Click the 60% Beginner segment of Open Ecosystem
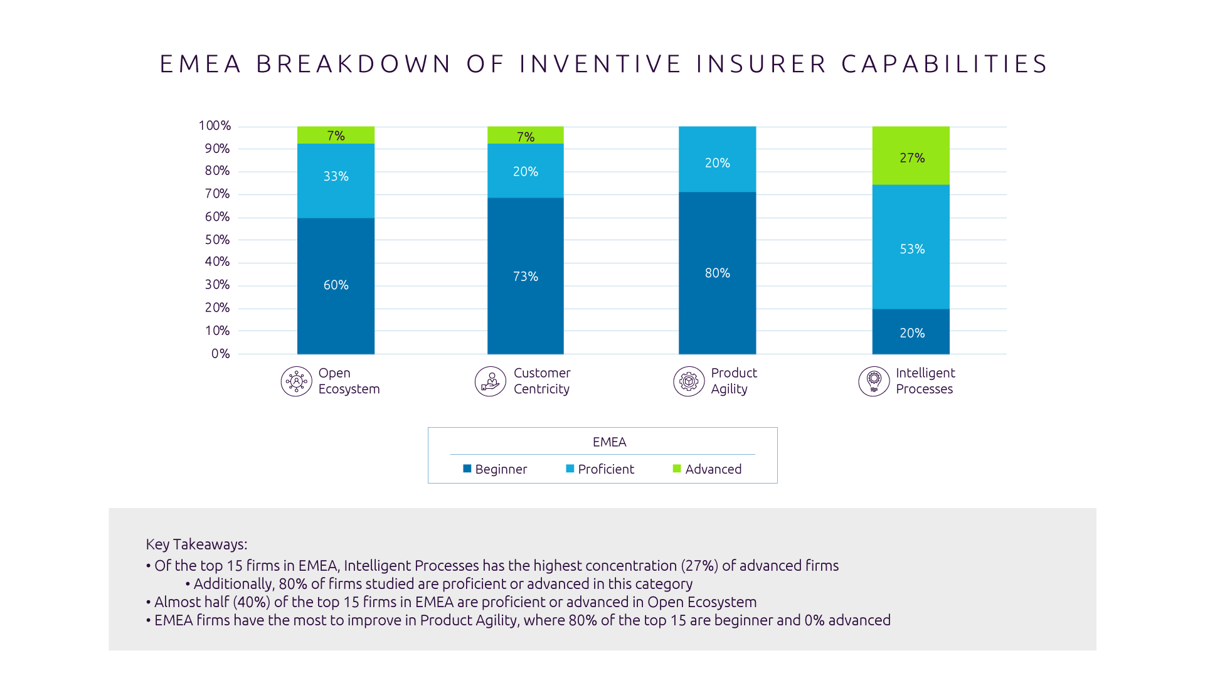pos(336,285)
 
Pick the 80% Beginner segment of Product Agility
pos(717,273)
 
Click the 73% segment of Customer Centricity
pos(525,276)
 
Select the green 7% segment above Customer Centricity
pos(525,135)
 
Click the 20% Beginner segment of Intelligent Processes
pos(910,332)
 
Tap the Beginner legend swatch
pos(467,469)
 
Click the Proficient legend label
pos(605,469)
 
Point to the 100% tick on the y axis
pos(215,126)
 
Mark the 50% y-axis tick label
pos(217,240)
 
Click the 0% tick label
pos(220,354)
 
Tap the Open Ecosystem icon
pos(296,381)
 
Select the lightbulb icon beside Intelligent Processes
pos(874,381)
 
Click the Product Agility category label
pos(733,381)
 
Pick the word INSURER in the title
pos(761,64)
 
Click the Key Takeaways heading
pos(196,544)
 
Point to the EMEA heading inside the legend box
pos(609,442)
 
